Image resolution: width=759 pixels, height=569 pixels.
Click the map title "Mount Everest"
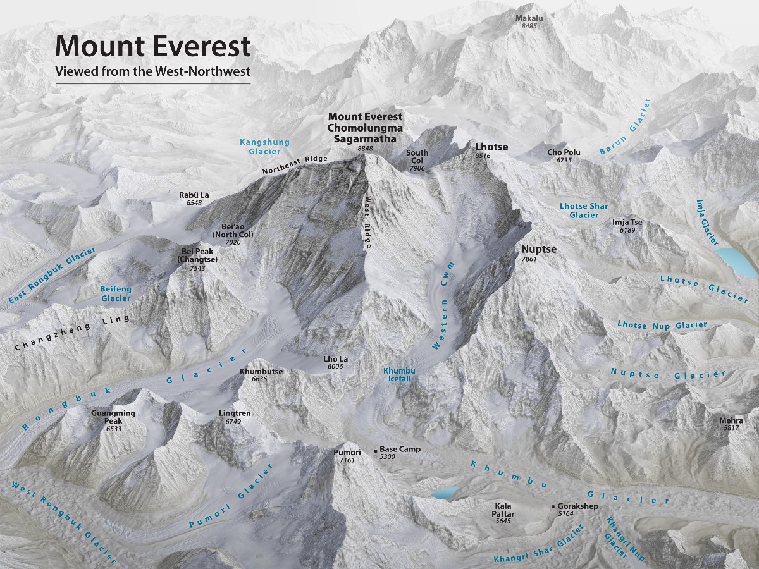point(153,46)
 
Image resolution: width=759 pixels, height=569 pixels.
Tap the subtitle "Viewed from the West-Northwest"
point(153,71)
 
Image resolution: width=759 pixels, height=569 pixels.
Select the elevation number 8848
point(365,148)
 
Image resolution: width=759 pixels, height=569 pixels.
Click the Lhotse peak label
point(491,147)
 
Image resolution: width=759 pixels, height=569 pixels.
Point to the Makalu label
point(529,18)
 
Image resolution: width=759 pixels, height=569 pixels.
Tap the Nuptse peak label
point(539,249)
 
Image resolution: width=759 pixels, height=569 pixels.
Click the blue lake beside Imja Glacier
point(735,262)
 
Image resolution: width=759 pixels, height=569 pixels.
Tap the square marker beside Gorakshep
point(553,506)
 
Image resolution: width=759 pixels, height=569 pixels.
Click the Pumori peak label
point(347,452)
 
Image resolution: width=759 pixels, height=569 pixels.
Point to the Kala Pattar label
point(504,510)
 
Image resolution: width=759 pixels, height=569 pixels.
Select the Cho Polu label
point(564,152)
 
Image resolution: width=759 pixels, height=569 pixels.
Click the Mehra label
point(731,420)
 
